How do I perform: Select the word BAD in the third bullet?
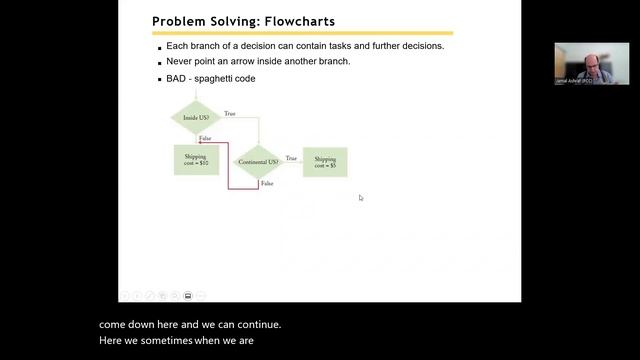coord(177,78)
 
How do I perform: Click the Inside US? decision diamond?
coord(196,117)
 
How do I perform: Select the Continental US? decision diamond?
coord(258,161)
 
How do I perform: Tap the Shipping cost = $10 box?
coord(196,160)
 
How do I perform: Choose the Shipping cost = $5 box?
coord(325,161)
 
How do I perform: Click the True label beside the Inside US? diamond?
coord(230,113)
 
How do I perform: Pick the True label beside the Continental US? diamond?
coord(291,157)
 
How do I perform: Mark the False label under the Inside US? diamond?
coord(205,137)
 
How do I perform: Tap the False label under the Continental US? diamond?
coord(267,183)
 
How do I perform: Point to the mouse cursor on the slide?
coord(361,198)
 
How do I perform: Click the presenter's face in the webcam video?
coord(591,60)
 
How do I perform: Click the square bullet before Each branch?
coord(159,48)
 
